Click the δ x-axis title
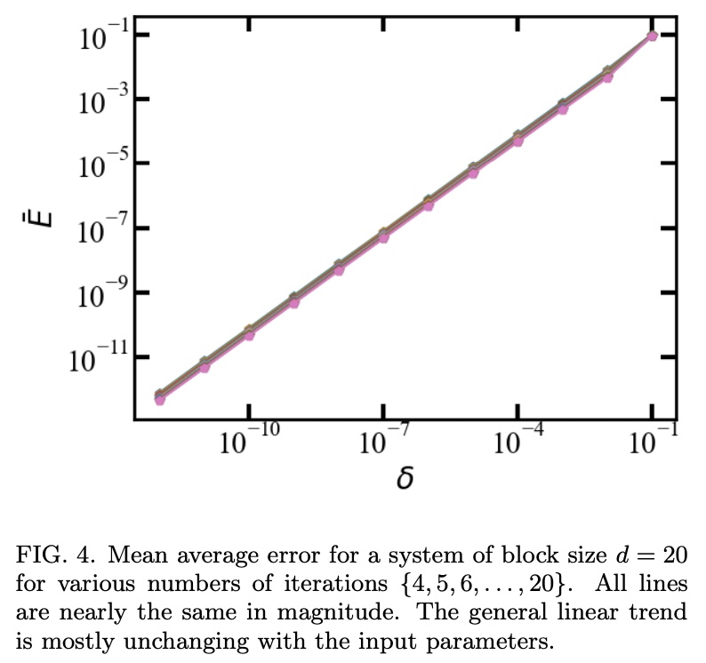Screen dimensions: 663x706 [405, 479]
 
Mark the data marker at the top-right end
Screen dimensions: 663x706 [652, 36]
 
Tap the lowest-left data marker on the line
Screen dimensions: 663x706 [160, 398]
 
